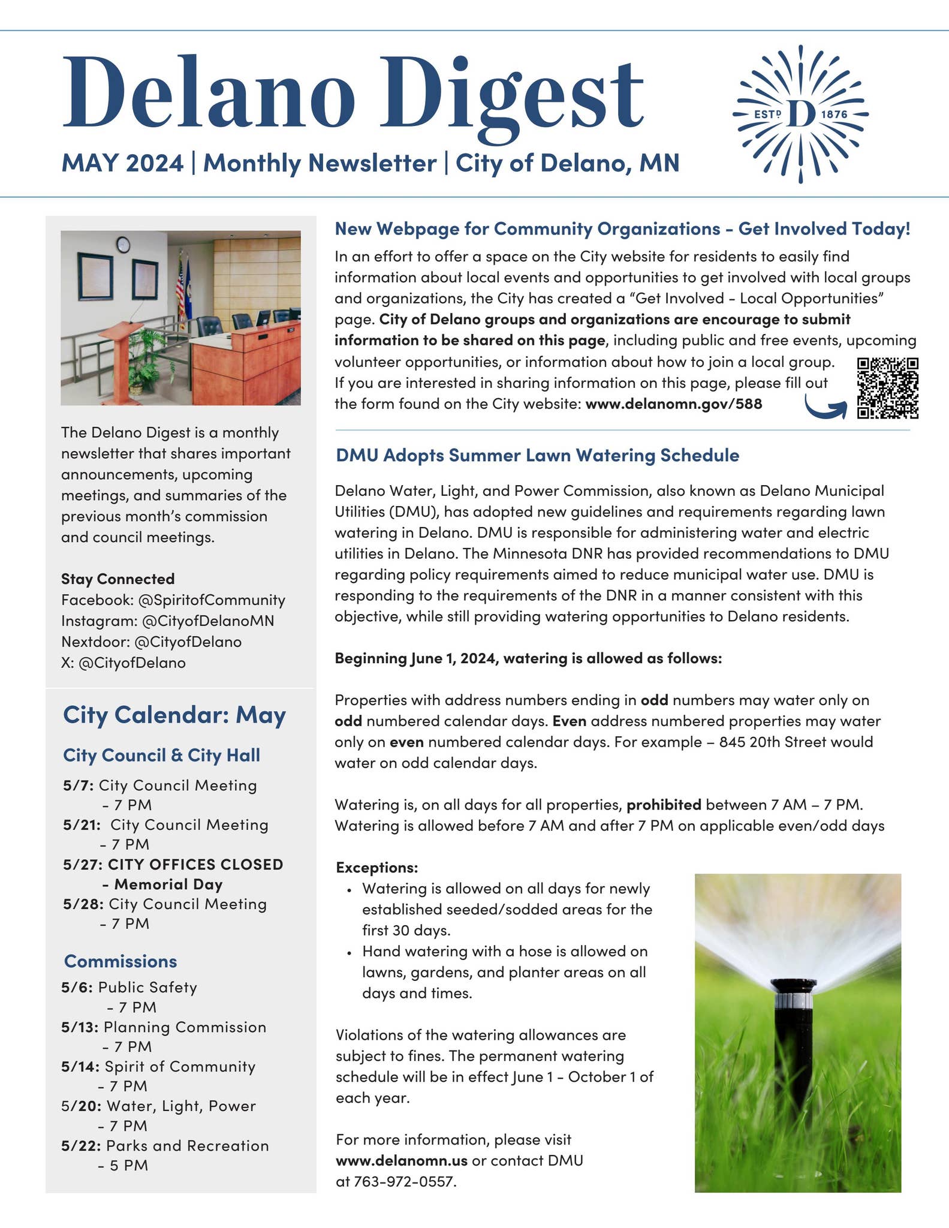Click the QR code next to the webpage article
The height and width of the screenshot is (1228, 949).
(887, 388)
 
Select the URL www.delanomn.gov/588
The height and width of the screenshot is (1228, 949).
(673, 404)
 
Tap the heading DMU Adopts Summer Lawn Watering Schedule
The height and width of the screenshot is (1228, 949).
(537, 455)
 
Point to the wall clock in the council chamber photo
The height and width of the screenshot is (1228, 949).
(123, 245)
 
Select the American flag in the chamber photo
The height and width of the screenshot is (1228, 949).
(180, 294)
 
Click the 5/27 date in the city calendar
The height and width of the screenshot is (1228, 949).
(83, 864)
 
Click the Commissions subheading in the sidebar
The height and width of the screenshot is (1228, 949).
(120, 961)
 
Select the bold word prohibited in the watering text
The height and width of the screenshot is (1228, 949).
(664, 804)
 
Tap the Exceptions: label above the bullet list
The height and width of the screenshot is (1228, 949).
(376, 867)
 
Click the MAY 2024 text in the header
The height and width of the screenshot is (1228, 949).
(122, 162)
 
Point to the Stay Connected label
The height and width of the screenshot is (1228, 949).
(118, 579)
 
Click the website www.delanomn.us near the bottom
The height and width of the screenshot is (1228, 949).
(401, 1160)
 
